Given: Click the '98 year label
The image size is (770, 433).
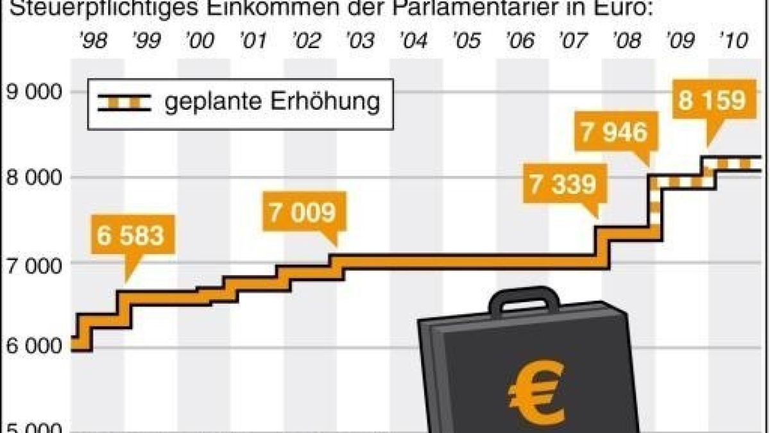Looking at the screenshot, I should point(93,41).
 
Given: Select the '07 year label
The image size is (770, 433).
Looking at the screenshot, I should point(572,41).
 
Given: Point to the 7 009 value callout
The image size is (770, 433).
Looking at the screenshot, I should point(302,212).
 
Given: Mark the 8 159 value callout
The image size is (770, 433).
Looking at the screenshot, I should point(713,101).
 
